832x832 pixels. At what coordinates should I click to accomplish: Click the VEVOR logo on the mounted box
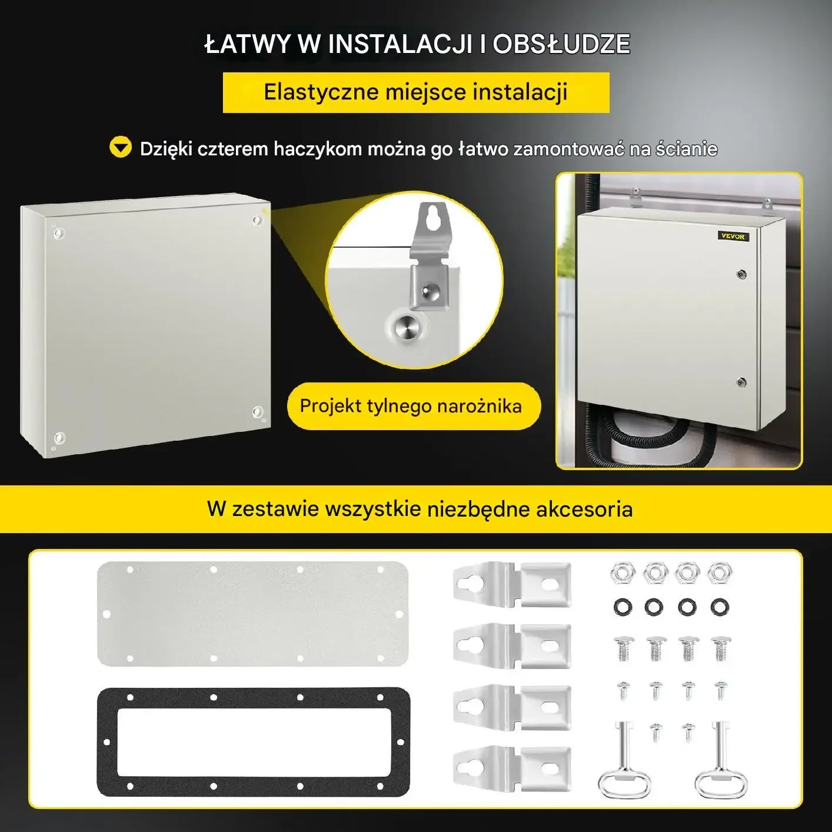tap(733, 236)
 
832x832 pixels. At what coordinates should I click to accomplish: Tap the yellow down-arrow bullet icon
tap(121, 147)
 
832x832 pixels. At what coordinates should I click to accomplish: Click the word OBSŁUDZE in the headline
tap(561, 44)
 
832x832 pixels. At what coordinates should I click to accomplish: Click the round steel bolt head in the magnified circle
tap(407, 327)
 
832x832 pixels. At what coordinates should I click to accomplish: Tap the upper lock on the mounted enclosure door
tap(742, 274)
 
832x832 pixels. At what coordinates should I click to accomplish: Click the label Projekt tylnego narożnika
tap(411, 406)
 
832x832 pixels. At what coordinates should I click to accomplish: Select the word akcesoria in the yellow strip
tap(584, 509)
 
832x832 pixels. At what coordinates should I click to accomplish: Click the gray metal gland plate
tap(252, 613)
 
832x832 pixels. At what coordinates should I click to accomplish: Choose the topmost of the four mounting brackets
tap(512, 584)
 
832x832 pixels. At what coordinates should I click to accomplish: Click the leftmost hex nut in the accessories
tap(623, 573)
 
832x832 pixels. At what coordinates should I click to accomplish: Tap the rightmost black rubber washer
tap(719, 607)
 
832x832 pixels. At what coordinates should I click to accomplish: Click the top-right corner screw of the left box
tap(257, 221)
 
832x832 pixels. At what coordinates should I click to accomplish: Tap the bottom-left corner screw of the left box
tap(59, 438)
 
